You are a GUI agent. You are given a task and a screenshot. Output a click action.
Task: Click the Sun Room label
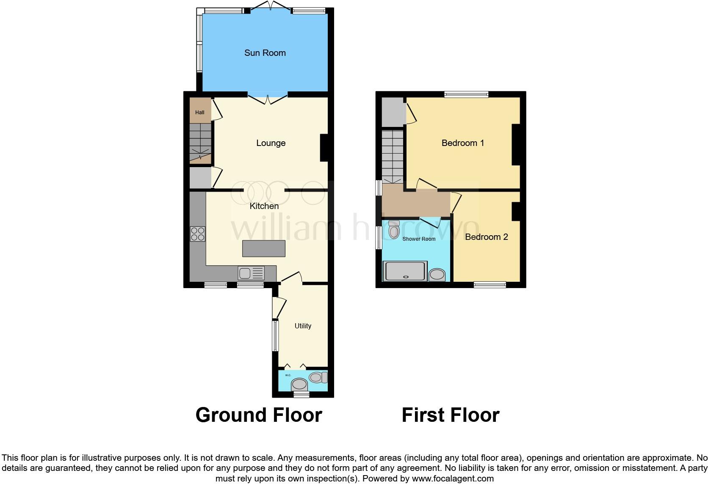[265, 53]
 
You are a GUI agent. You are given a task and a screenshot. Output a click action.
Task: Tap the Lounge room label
[271, 143]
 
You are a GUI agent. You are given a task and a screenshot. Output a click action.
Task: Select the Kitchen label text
[264, 206]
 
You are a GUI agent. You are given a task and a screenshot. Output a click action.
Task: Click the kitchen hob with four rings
[198, 234]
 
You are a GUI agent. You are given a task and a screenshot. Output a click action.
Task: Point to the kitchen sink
[251, 273]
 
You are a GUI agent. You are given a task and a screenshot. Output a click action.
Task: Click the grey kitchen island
[263, 248]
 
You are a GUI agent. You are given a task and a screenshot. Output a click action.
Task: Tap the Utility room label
[303, 326]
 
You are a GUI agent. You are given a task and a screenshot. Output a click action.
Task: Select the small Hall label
[199, 113]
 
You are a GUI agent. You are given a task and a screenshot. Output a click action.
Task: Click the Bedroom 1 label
[462, 143]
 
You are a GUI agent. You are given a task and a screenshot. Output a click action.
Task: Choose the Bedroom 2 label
[486, 237]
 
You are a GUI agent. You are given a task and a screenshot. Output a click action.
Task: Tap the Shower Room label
[419, 239]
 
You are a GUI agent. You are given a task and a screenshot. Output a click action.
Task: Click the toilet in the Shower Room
[394, 230]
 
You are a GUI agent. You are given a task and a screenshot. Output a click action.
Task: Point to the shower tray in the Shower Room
[404, 271]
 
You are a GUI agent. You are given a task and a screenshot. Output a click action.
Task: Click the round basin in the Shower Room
[437, 275]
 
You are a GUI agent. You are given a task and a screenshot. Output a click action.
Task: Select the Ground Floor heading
[259, 415]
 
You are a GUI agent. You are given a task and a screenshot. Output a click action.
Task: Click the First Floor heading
[450, 415]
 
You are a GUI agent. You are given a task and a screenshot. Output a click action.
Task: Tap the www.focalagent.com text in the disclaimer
[453, 478]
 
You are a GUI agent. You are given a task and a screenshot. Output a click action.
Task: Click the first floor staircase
[393, 156]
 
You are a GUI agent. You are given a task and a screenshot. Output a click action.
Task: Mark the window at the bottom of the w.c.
[301, 394]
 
